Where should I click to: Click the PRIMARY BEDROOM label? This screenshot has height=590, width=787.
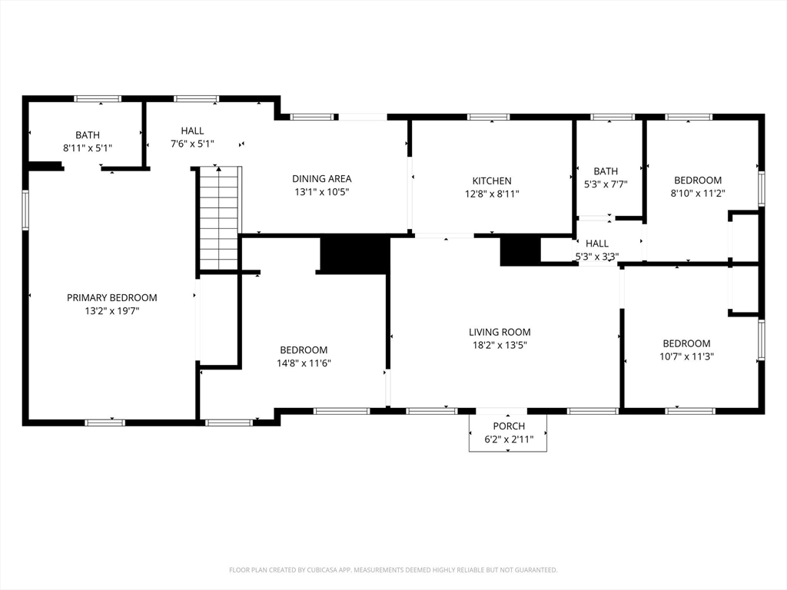[112, 297]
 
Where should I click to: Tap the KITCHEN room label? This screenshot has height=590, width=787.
[492, 181]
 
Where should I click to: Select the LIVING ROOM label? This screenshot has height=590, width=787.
[500, 332]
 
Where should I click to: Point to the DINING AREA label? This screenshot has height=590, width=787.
[322, 178]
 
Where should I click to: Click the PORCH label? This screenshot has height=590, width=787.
[509, 426]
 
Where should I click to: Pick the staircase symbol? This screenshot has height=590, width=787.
[219, 218]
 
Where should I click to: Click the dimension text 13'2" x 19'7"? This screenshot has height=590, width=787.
[112, 311]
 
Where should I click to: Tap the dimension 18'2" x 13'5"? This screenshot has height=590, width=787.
[500, 345]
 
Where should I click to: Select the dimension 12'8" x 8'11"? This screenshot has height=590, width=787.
[492, 194]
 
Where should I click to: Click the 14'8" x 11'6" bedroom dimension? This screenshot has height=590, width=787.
[304, 363]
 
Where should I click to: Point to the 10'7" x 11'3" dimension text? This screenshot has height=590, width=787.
[686, 356]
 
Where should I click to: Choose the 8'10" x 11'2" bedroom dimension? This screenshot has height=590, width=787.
[698, 193]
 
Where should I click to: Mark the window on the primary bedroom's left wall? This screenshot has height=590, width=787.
[25, 210]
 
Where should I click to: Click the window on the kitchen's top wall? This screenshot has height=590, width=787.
[488, 117]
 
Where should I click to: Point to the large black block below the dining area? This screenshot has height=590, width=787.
[355, 254]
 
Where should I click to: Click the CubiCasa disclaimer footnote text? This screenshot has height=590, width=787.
[393, 570]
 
